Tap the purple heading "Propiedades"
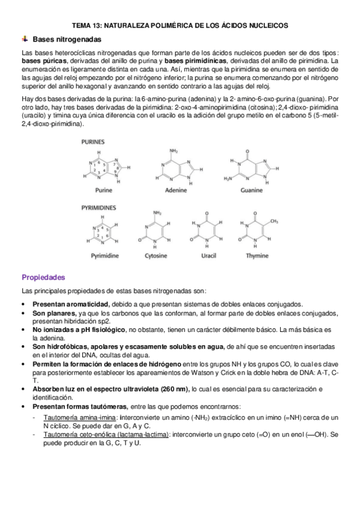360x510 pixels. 43,277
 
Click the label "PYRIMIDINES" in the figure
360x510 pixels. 99,207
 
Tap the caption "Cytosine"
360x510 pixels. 156,256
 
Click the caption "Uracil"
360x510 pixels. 206,256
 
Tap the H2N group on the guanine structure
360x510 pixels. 228,179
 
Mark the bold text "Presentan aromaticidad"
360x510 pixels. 70,304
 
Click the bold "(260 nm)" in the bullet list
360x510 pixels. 170,389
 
